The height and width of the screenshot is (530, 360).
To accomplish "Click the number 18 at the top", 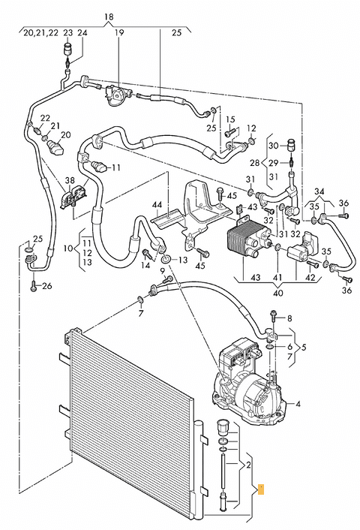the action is tap(109, 17).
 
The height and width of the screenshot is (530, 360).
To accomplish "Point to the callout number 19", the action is tap(118, 33).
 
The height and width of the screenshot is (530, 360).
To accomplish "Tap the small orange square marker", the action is tap(261, 489).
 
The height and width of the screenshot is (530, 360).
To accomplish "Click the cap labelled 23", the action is tap(68, 48).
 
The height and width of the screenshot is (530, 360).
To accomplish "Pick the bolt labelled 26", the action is tap(34, 286).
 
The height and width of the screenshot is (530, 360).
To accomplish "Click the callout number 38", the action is tap(70, 181).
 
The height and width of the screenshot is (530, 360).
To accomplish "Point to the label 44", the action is tap(157, 205).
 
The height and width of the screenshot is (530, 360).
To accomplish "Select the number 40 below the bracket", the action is tap(277, 293).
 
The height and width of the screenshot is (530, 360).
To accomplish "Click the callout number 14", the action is tap(145, 265).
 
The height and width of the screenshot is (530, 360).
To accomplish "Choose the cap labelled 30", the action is tap(290, 144).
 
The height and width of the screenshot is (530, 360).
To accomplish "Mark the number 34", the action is tap(319, 192).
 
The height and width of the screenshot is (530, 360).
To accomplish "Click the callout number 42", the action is tap(310, 278).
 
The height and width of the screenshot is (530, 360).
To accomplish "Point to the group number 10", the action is tap(68, 248).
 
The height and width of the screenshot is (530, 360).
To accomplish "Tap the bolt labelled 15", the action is tap(229, 134).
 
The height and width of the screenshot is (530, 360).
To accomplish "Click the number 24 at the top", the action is tap(82, 33).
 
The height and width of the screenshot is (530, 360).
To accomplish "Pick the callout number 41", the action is tap(277, 278).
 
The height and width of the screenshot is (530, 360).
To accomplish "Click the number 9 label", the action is tap(162, 270).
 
